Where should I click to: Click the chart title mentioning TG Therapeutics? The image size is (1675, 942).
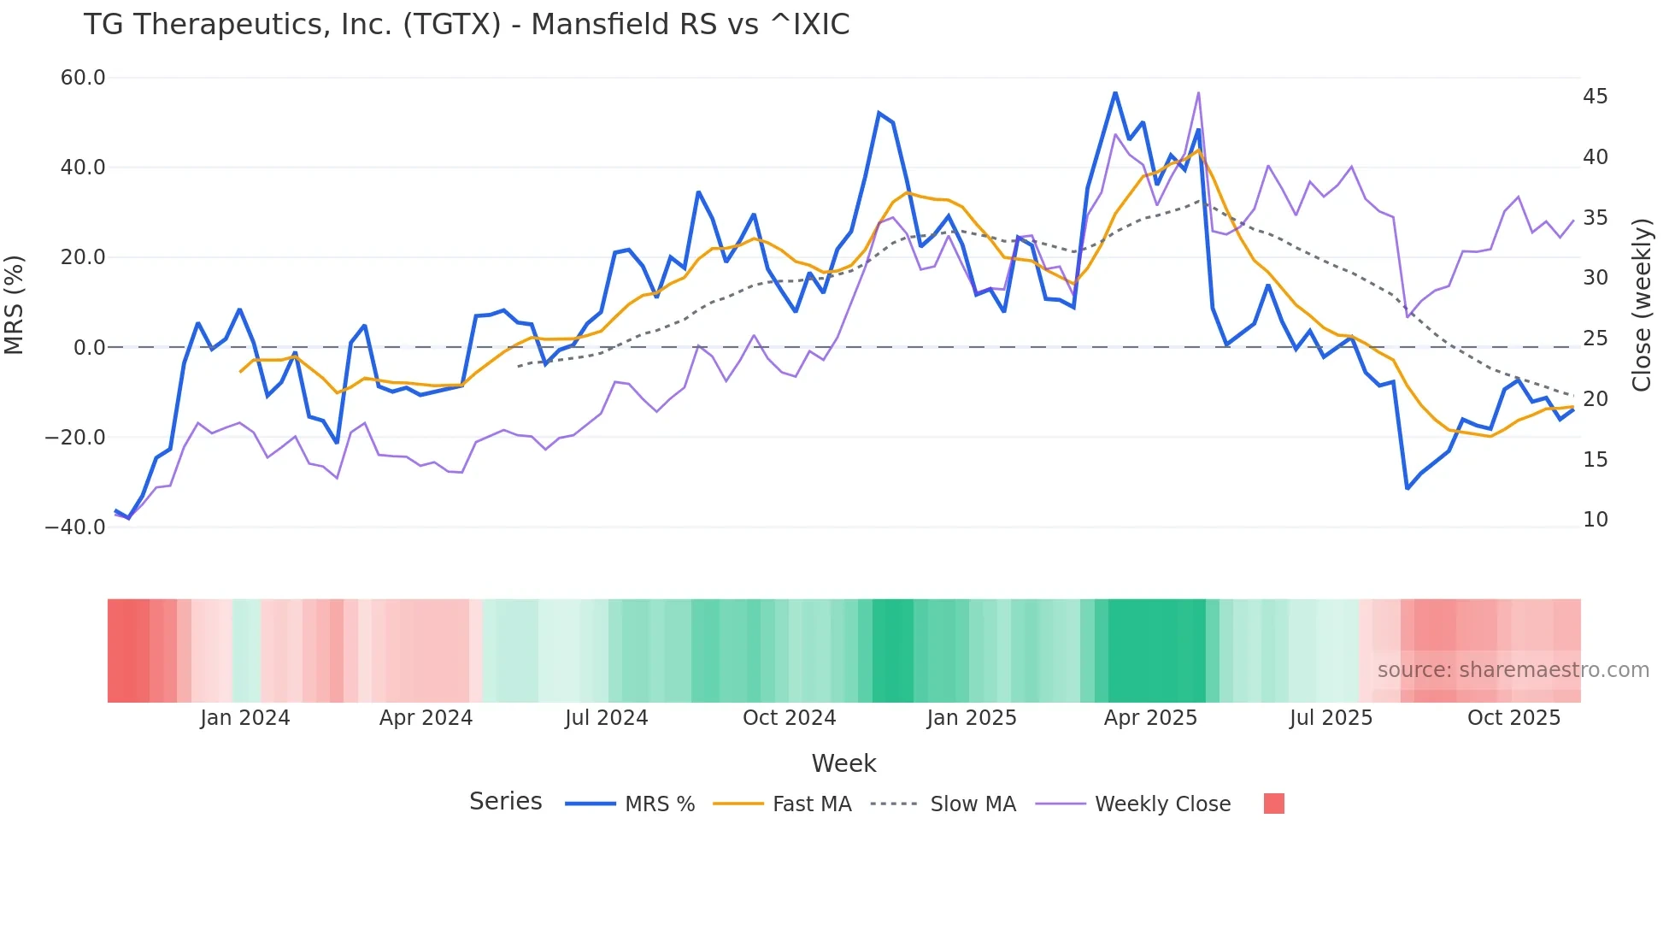pos(466,25)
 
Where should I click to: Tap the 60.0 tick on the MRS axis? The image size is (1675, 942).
pos(83,78)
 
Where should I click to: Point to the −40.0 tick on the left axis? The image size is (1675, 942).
pos(75,527)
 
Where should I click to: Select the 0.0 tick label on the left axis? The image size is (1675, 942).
pos(90,348)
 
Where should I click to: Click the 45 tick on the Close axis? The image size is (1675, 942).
pos(1595,97)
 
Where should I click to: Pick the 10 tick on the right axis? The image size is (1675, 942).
pos(1595,520)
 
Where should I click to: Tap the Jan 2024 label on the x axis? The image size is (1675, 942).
pos(245,718)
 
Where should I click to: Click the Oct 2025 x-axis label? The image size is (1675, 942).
pos(1513,718)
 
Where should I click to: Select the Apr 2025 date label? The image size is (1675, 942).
pos(1150,718)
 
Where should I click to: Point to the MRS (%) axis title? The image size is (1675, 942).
pos(15,304)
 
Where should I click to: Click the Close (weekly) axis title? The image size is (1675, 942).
pos(1642,304)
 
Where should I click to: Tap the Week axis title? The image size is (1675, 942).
pos(843,763)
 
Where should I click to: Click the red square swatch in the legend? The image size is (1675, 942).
pos(1273,804)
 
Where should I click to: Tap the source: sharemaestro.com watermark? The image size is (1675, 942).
pos(1513,670)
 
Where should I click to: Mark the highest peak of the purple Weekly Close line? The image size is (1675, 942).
pos(1198,93)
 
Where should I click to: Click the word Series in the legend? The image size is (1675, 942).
pos(505,802)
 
